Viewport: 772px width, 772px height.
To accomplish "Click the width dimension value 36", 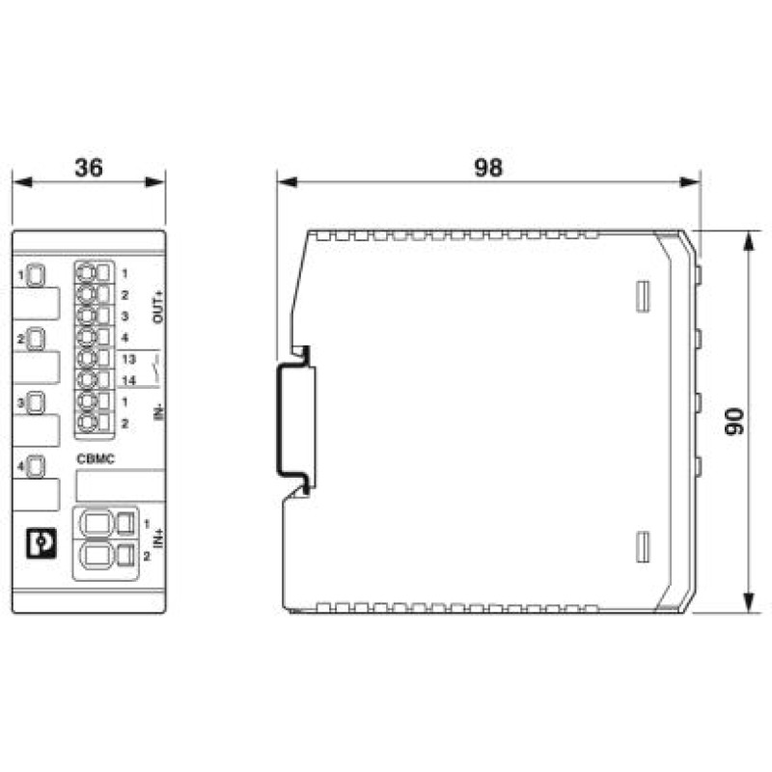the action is click(x=89, y=167).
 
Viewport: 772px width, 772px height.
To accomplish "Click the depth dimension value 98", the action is click(x=488, y=167).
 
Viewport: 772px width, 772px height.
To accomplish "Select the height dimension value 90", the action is click(x=734, y=422).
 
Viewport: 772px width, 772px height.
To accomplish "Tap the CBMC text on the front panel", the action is click(x=96, y=459).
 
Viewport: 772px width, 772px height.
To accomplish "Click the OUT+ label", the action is click(x=158, y=307).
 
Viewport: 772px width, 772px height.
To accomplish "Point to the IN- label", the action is click(x=158, y=412).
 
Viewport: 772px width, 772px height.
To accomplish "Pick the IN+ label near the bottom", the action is click(x=158, y=538).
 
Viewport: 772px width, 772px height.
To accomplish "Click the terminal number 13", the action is click(x=128, y=359).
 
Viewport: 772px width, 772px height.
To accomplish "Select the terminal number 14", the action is click(x=128, y=380).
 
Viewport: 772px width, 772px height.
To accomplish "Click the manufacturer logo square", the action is click(x=41, y=543).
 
